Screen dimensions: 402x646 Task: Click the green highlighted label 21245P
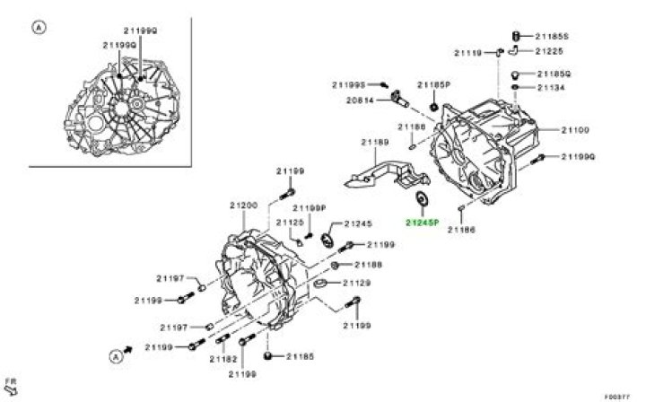pos(421,222)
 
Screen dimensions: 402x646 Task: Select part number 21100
pos(575,130)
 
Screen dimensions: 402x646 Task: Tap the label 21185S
pos(553,36)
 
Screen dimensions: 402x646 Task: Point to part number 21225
pos(549,53)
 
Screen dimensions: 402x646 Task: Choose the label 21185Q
pos(553,73)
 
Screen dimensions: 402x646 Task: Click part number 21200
pos(243,205)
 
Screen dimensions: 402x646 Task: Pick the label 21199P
pos(308,207)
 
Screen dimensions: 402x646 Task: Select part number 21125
pos(291,222)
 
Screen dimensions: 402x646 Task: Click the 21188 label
pos(368,265)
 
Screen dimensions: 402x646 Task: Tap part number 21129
pos(368,284)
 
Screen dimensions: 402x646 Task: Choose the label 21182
pos(223,358)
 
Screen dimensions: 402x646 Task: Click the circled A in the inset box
pos(38,28)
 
